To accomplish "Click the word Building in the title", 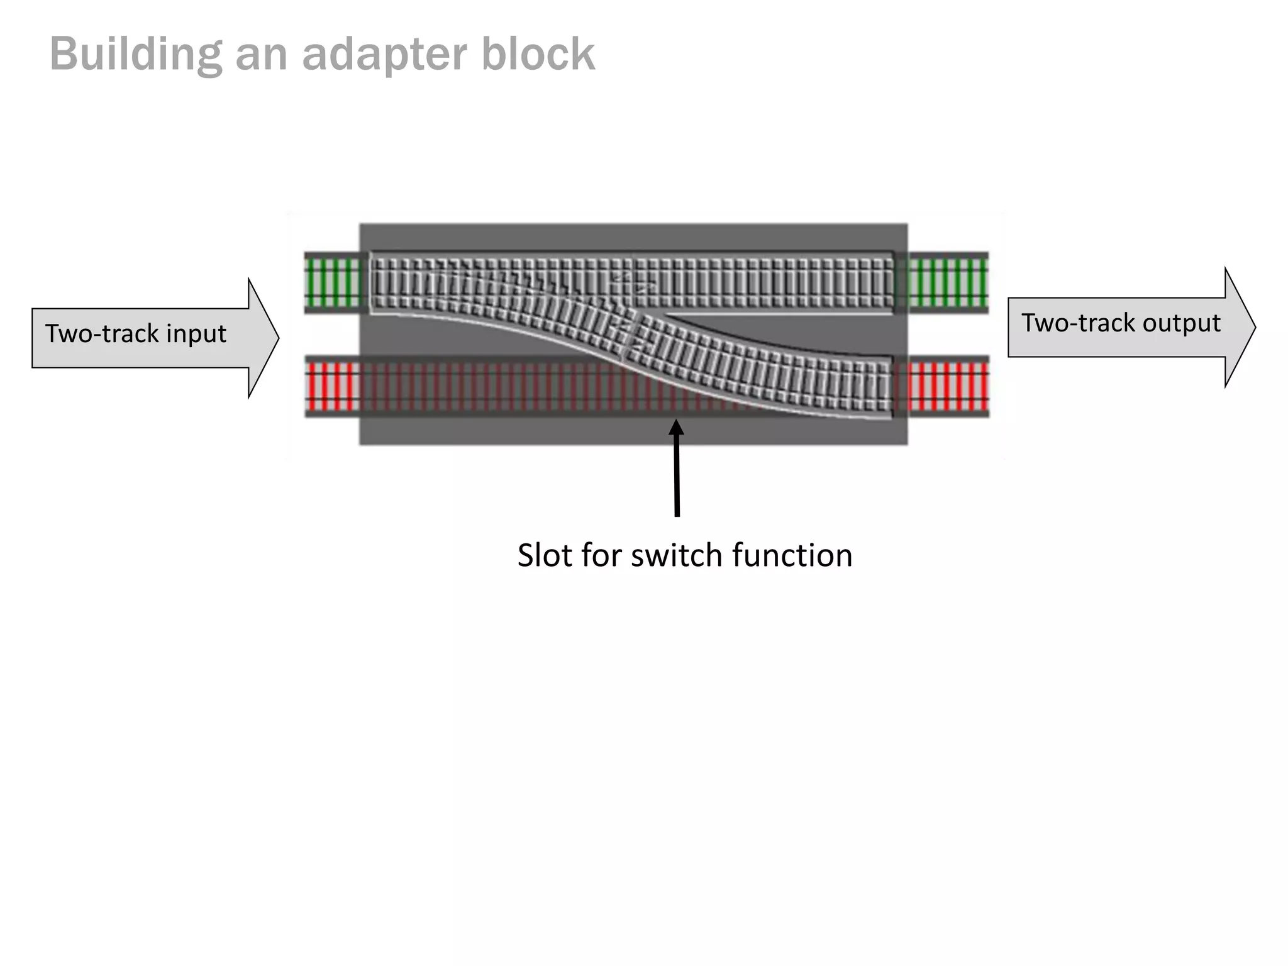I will tap(135, 55).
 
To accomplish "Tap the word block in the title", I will tap(538, 55).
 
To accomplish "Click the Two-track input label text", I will tap(135, 333).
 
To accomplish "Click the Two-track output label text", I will tap(1120, 323).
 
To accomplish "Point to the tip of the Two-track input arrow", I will tap(277, 338).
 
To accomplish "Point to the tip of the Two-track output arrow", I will tap(1255, 327).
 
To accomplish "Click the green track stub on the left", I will tap(333, 282).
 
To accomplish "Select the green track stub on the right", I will tap(948, 282).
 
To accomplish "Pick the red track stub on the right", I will tap(948, 386).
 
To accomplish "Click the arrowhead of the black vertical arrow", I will tap(676, 428).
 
